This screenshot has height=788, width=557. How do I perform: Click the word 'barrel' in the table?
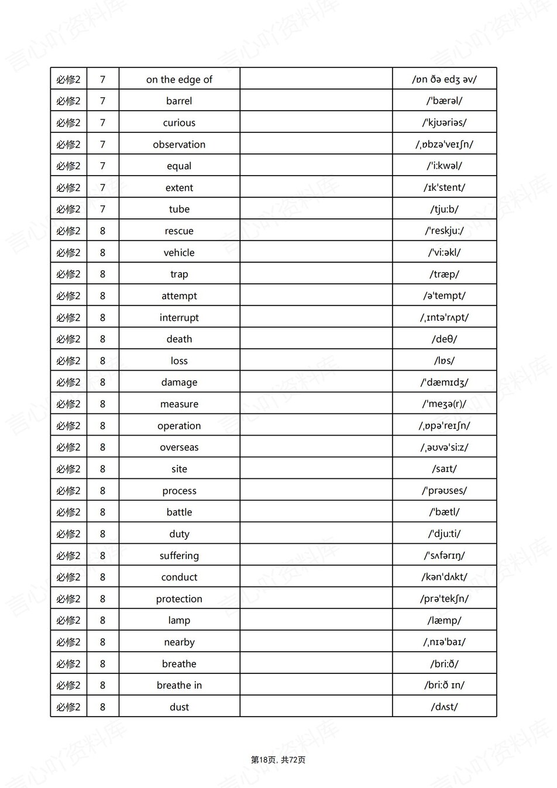pyautogui.click(x=179, y=101)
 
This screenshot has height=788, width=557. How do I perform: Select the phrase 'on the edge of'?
pyautogui.click(x=179, y=80)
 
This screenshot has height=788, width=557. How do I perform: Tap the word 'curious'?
pyautogui.click(x=179, y=123)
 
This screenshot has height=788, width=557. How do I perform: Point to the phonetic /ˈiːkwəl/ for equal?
pyautogui.click(x=444, y=166)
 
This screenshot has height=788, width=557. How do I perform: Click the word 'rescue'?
pyautogui.click(x=179, y=231)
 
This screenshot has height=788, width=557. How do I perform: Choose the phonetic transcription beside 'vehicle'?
pyautogui.click(x=444, y=252)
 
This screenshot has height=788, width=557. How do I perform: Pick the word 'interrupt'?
pyautogui.click(x=179, y=317)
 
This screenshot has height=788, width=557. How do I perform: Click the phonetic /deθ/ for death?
pyautogui.click(x=444, y=339)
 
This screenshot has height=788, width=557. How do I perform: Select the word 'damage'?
pyautogui.click(x=179, y=382)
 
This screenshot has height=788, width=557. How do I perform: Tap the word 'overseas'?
pyautogui.click(x=179, y=447)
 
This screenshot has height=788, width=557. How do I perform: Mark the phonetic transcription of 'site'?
pyautogui.click(x=444, y=469)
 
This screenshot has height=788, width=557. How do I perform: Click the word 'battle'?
pyautogui.click(x=179, y=512)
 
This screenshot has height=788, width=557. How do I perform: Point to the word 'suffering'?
pyautogui.click(x=179, y=556)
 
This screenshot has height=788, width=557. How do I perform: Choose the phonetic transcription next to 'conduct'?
pyautogui.click(x=444, y=577)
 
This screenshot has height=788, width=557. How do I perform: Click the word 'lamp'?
pyautogui.click(x=179, y=621)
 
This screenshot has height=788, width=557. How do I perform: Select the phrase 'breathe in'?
pyautogui.click(x=179, y=686)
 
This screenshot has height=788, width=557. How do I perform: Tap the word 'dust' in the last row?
pyautogui.click(x=179, y=707)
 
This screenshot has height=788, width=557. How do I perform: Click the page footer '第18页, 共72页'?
pyautogui.click(x=278, y=760)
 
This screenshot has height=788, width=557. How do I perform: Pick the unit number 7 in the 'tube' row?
pyautogui.click(x=102, y=209)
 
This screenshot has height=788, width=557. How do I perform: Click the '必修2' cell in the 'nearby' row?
pyautogui.click(x=68, y=642)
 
